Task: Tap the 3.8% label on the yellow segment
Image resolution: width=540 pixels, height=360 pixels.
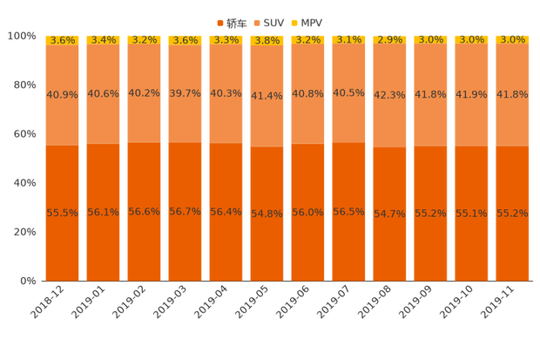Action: pos(268,40)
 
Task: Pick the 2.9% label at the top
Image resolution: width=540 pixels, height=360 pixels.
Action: pos(391,40)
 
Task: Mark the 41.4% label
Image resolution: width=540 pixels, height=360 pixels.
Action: pos(268,96)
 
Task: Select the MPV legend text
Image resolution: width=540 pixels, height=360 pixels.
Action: pos(309,21)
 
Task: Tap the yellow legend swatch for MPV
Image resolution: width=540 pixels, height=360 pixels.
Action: pos(294,21)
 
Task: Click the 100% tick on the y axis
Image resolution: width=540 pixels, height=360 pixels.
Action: pos(22,36)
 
